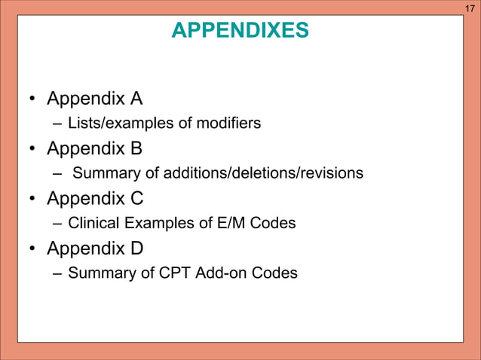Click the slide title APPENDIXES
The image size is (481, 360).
pyautogui.click(x=240, y=30)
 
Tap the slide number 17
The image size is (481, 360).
pyautogui.click(x=470, y=8)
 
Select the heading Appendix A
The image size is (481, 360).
pyautogui.click(x=94, y=99)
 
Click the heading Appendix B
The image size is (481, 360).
pyautogui.click(x=94, y=149)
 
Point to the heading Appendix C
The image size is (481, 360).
pyautogui.click(x=95, y=199)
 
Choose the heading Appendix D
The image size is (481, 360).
pyautogui.click(x=95, y=249)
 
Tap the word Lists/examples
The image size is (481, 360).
pyautogui.click(x=113, y=124)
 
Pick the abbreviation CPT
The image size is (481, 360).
pyautogui.click(x=175, y=273)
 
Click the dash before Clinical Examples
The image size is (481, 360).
pyautogui.click(x=58, y=223)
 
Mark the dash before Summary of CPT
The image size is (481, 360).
pyautogui.click(x=58, y=273)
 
